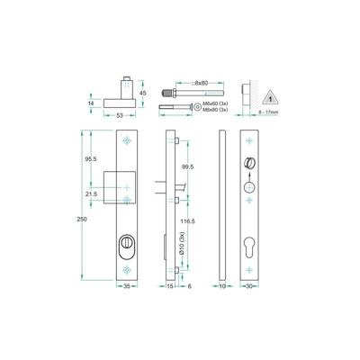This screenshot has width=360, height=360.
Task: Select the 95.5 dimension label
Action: pos(91,158)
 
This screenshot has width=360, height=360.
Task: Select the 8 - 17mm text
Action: pos(267,114)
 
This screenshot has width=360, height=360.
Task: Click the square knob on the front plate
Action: pos(121,184)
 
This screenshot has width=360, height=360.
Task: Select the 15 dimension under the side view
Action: pos(171,287)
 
